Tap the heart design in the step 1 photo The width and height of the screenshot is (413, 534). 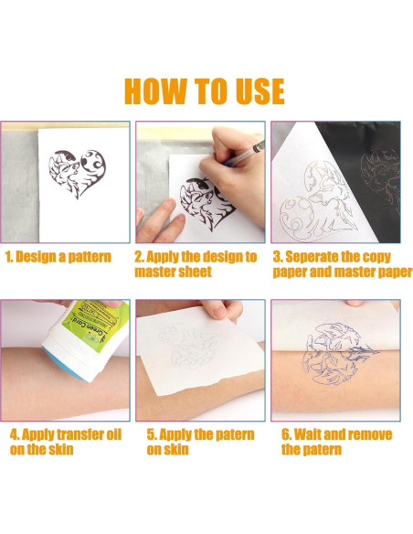pyautogui.click(x=78, y=173)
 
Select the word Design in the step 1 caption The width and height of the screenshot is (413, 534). pyautogui.click(x=37, y=257)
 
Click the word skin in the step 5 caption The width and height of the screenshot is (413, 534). pyautogui.click(x=176, y=450)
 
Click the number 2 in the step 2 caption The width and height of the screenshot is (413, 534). pyautogui.click(x=139, y=257)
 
